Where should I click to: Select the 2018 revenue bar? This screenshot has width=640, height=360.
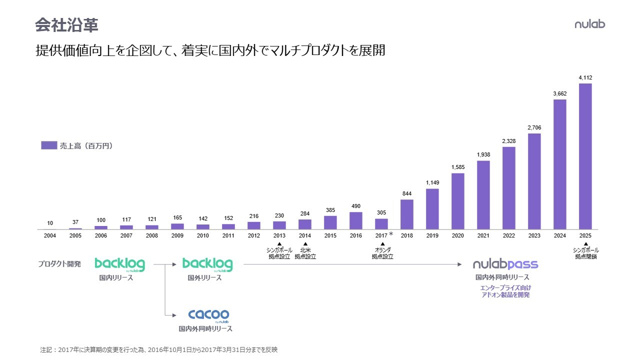(x=407, y=214)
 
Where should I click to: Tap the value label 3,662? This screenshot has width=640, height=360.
(x=560, y=93)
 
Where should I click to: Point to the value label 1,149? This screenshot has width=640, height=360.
(x=432, y=182)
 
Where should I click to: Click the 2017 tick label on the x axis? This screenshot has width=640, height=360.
(x=381, y=235)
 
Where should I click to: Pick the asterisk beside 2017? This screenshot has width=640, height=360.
(x=391, y=234)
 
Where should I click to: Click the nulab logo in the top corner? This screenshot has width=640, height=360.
(x=589, y=23)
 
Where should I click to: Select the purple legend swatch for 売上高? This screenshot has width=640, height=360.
(x=49, y=145)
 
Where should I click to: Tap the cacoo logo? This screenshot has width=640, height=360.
(x=208, y=315)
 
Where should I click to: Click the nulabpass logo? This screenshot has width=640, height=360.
(x=505, y=264)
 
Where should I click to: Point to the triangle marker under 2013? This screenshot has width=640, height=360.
(x=280, y=243)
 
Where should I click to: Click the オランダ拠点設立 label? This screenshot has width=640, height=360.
(x=382, y=253)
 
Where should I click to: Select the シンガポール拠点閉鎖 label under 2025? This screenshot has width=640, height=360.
(x=585, y=253)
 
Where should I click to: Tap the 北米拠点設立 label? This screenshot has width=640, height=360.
(x=305, y=253)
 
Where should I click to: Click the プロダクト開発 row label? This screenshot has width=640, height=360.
(x=59, y=264)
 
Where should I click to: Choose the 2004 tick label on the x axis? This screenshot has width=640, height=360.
(x=50, y=235)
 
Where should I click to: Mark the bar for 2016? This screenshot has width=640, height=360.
(x=356, y=220)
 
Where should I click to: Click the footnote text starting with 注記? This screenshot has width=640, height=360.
(x=158, y=350)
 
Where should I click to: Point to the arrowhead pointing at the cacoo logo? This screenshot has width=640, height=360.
(x=173, y=315)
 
